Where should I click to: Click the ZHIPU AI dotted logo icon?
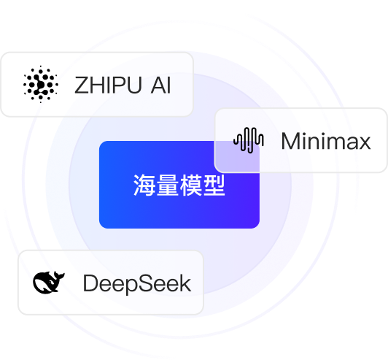[x=41, y=84]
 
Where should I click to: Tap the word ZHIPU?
[x=108, y=85]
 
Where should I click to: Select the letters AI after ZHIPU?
[x=161, y=85]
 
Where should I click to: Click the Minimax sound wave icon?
[x=249, y=140]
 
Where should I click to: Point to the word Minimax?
[x=326, y=141]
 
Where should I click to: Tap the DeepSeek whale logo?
[x=48, y=282]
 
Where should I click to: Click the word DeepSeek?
[x=137, y=283]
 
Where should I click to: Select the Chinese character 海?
[x=144, y=185]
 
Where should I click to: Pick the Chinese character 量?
[x=168, y=185]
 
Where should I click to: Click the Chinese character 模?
[x=191, y=185]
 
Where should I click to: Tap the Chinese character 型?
[x=214, y=185]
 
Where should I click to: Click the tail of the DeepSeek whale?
[x=59, y=275]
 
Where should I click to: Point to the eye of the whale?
[x=51, y=282]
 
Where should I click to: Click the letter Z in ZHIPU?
[x=81, y=85]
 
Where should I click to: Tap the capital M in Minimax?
[x=290, y=140]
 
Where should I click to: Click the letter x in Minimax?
[x=364, y=143]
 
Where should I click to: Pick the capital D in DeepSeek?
[x=91, y=283]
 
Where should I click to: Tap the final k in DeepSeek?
[x=185, y=283]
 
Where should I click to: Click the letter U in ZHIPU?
[x=135, y=85]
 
